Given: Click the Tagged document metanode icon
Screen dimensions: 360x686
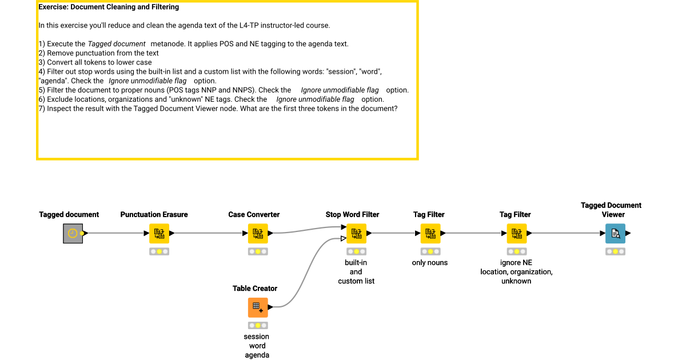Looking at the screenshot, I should [73, 233].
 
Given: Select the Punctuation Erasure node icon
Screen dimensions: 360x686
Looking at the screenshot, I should [159, 233].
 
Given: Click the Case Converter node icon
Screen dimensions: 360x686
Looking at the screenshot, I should [258, 233].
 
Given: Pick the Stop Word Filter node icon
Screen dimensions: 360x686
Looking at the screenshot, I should [356, 233].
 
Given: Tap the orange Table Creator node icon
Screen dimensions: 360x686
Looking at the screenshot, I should [258, 307].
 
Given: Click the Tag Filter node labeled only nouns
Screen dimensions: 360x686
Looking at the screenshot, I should [430, 233].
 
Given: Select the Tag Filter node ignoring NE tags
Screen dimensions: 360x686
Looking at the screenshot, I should [517, 233].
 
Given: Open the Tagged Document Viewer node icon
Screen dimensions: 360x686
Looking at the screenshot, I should [615, 233].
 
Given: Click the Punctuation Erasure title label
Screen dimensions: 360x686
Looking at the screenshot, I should [154, 215].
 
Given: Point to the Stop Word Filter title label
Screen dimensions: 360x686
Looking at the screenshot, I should [352, 215].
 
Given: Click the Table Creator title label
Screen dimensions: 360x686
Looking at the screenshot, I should [255, 289].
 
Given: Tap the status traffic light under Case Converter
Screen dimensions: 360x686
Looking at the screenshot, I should [258, 251].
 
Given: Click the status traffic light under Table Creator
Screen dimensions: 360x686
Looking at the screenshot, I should [258, 325].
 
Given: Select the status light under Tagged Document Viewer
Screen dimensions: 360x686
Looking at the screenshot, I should [615, 251].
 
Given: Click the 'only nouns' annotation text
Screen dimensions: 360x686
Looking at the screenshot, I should [430, 263].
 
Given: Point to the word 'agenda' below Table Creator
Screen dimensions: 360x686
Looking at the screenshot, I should [257, 355].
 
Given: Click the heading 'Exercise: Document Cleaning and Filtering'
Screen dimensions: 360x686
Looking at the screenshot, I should [109, 7].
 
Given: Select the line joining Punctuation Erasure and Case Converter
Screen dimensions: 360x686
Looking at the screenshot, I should [209, 233].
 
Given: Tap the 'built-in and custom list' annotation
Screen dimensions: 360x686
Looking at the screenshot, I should [356, 272].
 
